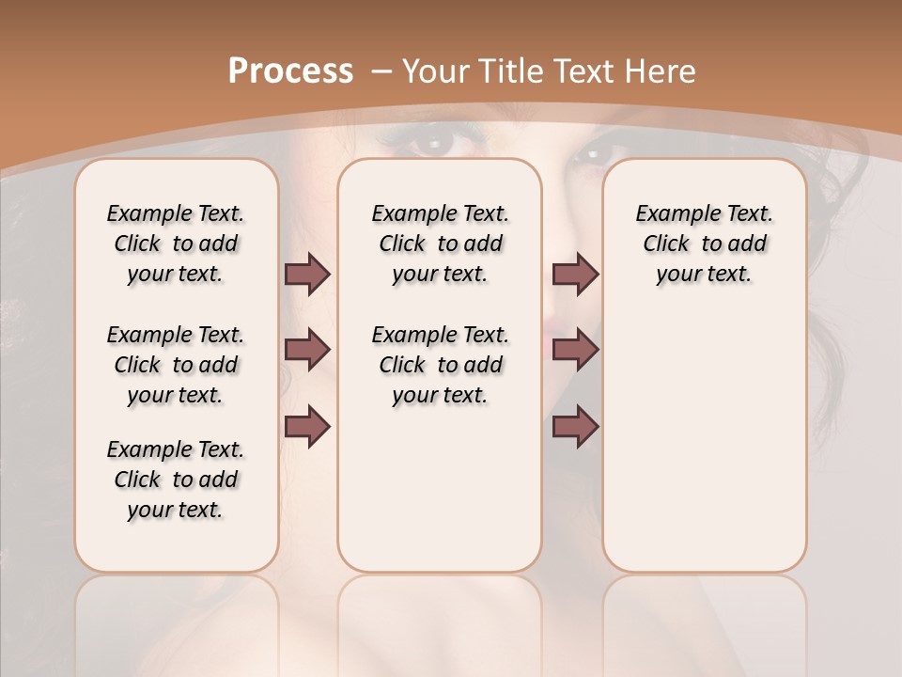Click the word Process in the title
[290, 71]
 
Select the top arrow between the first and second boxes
[307, 274]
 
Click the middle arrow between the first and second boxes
[307, 350]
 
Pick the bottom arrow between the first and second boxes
[307, 426]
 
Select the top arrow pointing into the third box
[575, 274]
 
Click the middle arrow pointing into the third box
[575, 350]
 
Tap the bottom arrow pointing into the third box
[575, 426]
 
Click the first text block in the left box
[176, 244]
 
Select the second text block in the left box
[176, 365]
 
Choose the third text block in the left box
[176, 480]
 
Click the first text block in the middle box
[440, 244]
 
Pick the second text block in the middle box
[440, 365]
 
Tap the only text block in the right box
[704, 244]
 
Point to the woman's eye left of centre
[431, 144]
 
